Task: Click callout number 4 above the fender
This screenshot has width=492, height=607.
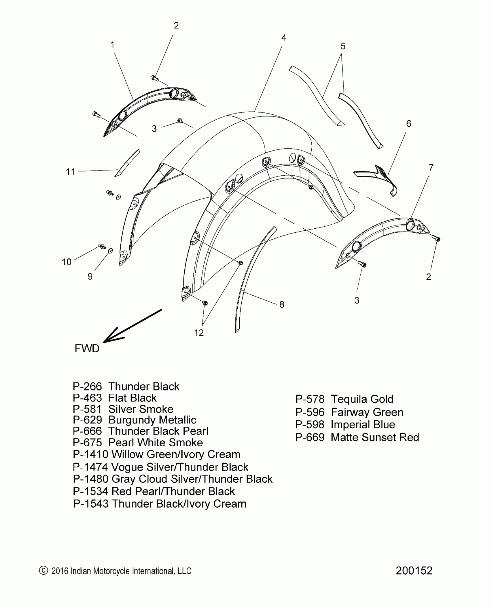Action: click(284, 38)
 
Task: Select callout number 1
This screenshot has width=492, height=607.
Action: click(112, 45)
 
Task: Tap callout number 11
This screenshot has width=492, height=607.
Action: click(71, 172)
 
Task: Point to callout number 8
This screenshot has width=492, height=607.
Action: click(282, 304)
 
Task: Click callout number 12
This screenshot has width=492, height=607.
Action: click(199, 333)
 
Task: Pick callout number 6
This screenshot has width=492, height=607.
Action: click(409, 124)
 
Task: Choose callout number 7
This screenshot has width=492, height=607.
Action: click(431, 167)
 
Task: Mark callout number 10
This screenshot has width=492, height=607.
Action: click(67, 262)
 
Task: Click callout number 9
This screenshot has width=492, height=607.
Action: click(90, 277)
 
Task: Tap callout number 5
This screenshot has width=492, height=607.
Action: click(343, 46)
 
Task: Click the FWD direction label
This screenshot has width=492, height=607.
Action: click(87, 349)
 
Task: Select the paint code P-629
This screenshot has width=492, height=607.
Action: click(87, 420)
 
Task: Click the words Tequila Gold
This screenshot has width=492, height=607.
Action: click(362, 399)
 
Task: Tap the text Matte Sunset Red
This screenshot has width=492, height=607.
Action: click(375, 437)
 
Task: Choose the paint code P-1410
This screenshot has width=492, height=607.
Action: click(90, 454)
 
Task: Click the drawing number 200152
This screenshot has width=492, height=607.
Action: click(414, 571)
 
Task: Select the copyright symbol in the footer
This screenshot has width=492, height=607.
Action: click(43, 571)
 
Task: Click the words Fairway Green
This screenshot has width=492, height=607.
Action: click(367, 412)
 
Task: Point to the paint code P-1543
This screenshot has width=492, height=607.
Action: click(91, 504)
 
